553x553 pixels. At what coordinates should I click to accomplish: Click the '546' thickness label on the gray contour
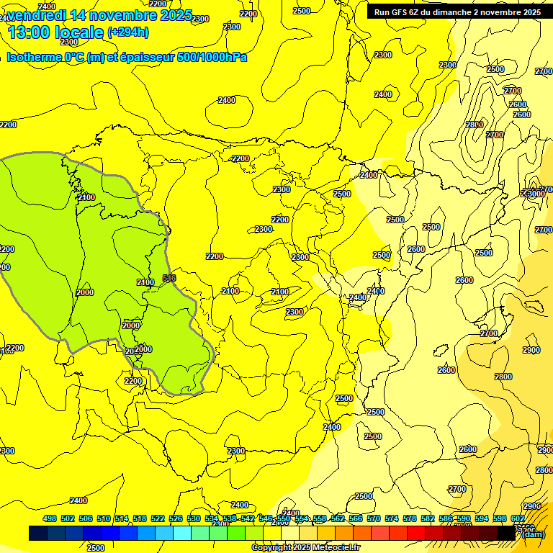[169, 278]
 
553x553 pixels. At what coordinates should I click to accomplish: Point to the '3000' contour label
[536, 194]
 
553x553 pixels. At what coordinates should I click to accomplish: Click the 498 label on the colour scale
[50, 518]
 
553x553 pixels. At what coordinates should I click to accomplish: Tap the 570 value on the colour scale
[374, 518]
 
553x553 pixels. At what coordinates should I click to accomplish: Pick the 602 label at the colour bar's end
[518, 518]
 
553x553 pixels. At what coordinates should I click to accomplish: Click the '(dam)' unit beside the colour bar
[534, 534]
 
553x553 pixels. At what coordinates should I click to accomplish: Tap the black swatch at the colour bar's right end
[506, 533]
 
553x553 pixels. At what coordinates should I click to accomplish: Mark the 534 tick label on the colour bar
[212, 518]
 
